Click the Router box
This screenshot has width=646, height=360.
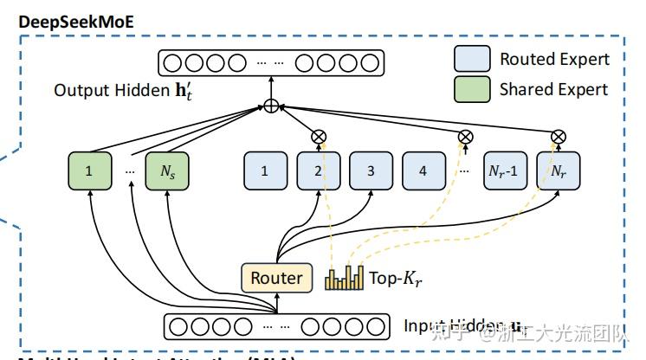[x=275, y=278]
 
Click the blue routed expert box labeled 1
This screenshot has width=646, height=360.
[x=265, y=170]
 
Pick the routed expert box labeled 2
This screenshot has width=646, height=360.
[x=318, y=170]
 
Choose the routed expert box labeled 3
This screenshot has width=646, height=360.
[x=371, y=170]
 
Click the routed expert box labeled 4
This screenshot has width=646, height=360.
[x=423, y=170]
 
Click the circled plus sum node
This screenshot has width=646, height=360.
[x=271, y=106]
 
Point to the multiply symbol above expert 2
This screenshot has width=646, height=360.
[x=318, y=136]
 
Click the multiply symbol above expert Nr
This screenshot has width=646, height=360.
[x=559, y=136]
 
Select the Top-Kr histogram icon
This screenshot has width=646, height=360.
[x=345, y=278]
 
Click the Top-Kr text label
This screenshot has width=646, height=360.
[x=395, y=279]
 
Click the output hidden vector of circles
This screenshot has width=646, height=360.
[x=270, y=62]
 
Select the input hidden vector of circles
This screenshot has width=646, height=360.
[x=275, y=327]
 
